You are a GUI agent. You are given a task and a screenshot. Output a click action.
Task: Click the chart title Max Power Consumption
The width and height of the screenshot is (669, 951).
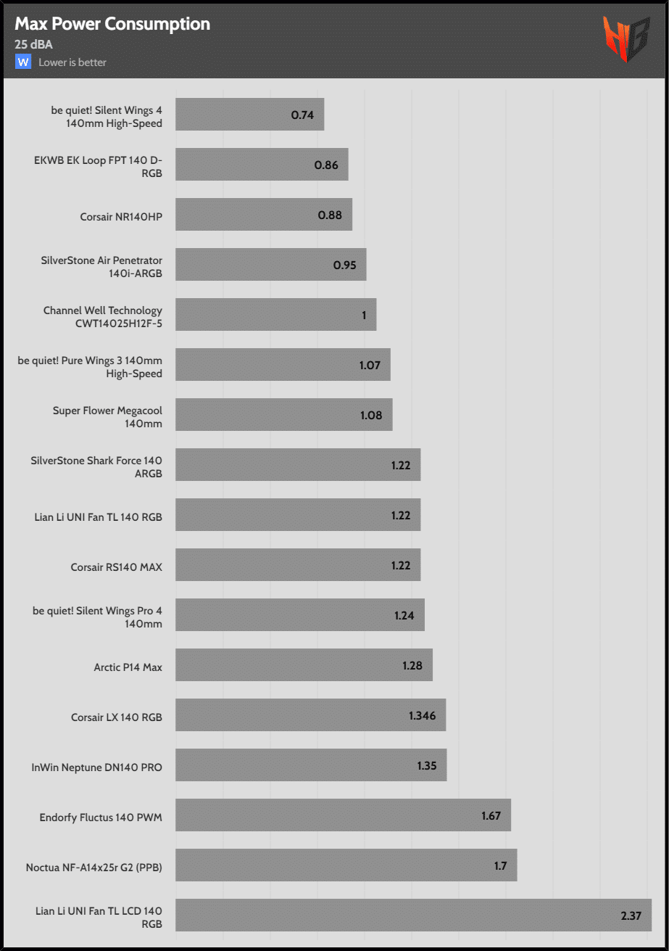(112, 24)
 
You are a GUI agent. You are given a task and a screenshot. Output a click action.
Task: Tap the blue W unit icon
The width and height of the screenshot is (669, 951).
(23, 62)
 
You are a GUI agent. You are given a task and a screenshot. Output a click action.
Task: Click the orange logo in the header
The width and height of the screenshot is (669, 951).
(626, 38)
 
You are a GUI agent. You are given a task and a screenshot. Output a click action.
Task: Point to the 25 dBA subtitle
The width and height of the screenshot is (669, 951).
(33, 44)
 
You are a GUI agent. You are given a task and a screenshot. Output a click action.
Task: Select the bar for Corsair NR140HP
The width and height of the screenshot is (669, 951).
(263, 215)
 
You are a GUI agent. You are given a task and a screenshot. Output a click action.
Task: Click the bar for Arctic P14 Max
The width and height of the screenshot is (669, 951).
(304, 665)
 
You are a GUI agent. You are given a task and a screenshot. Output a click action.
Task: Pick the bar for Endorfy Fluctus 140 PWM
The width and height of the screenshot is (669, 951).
(343, 815)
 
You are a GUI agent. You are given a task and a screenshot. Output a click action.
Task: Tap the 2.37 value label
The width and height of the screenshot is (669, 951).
(631, 915)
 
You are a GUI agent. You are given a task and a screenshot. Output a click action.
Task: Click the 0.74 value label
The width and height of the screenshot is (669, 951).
(302, 115)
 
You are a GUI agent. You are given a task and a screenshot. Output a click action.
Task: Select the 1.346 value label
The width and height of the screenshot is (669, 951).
(423, 715)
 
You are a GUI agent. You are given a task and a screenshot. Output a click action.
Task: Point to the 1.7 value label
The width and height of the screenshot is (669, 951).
(500, 865)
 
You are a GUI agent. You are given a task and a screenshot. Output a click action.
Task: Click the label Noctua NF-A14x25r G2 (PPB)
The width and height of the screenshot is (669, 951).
(94, 866)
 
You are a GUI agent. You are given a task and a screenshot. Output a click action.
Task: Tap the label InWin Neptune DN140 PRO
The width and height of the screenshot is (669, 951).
(97, 766)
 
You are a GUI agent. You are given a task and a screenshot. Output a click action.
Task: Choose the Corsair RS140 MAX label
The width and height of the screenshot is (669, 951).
(117, 567)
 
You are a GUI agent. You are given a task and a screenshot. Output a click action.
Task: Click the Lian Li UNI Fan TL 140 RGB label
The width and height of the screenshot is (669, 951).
(99, 517)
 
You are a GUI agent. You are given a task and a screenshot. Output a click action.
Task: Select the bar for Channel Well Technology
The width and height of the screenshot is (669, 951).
(275, 315)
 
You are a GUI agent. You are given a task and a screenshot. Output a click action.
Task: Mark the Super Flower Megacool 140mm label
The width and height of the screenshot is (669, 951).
(107, 416)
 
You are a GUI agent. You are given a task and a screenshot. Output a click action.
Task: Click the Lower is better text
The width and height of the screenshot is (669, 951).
(72, 62)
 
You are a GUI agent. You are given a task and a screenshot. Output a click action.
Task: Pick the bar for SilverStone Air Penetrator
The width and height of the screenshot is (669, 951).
(270, 265)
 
